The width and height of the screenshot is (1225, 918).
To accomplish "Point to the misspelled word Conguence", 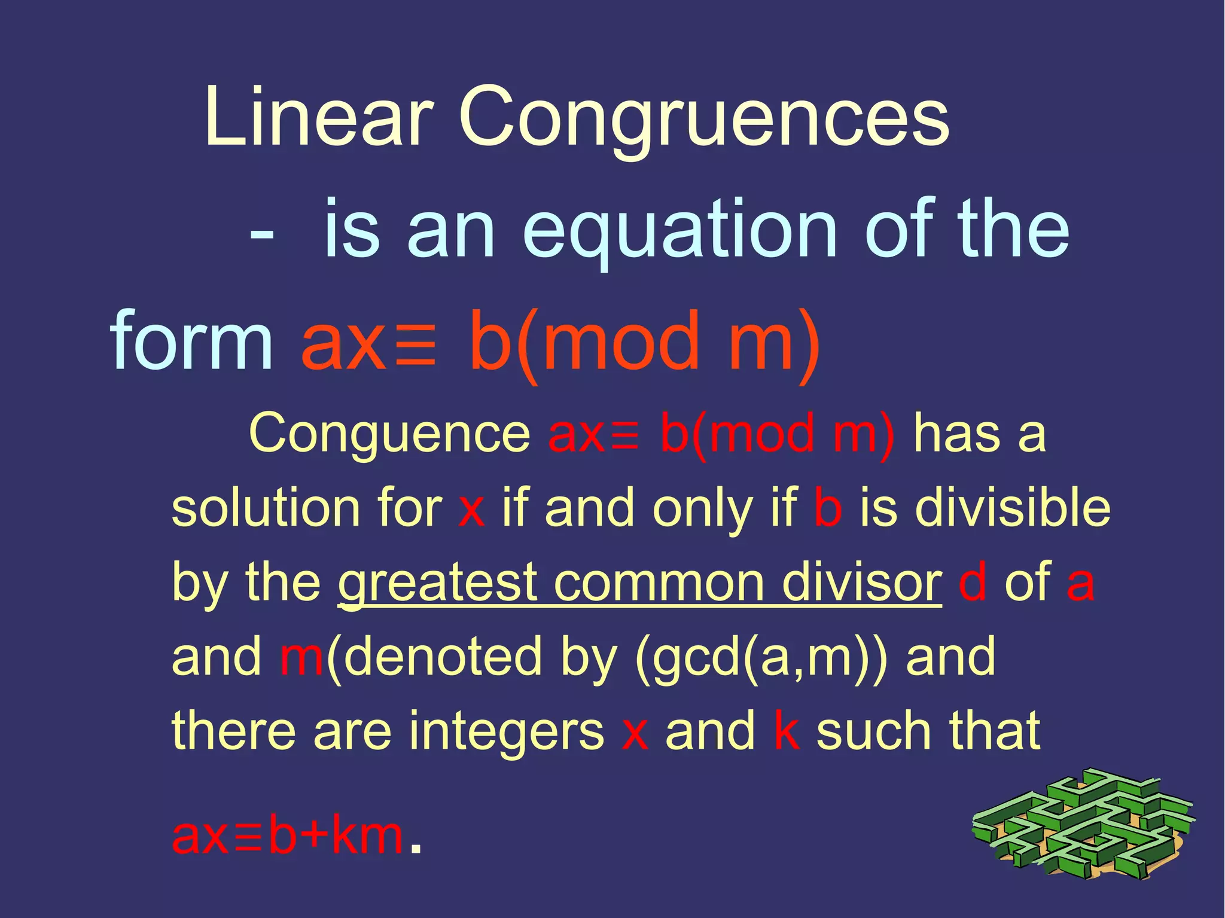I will (x=389, y=433).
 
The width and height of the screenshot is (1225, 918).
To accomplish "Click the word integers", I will (x=507, y=731).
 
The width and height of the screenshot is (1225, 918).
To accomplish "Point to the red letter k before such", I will (x=787, y=730).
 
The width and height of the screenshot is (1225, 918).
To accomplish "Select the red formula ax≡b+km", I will (x=288, y=835).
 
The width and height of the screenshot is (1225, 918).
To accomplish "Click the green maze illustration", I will (x=1083, y=823).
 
